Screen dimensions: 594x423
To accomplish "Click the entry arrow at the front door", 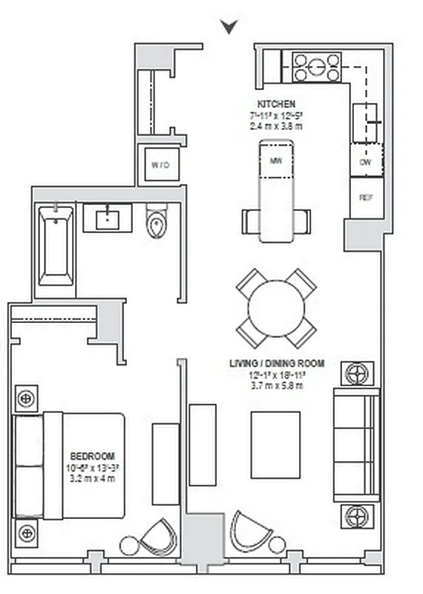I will tap(230, 27).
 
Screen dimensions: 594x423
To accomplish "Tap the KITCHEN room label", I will tap(276, 103).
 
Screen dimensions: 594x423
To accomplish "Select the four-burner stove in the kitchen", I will tap(317, 67).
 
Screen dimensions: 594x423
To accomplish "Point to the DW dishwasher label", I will tap(365, 161).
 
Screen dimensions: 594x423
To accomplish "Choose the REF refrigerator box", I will tap(366, 198).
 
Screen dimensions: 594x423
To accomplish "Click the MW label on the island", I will tap(276, 160).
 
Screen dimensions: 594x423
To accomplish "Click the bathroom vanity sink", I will tap(108, 218).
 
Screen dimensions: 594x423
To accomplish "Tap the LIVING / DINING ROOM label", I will tap(276, 365).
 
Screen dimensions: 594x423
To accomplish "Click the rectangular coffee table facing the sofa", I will tap(275, 445).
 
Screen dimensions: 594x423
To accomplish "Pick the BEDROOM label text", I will tap(92, 455).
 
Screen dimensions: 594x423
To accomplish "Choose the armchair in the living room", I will tap(249, 531).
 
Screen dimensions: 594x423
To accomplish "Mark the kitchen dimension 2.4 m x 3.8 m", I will tap(276, 125).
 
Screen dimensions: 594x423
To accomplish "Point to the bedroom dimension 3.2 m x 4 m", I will tap(92, 477).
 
